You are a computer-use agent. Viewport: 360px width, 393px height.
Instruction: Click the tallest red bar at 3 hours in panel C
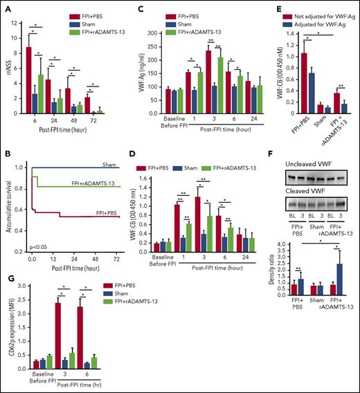[168, 75]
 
